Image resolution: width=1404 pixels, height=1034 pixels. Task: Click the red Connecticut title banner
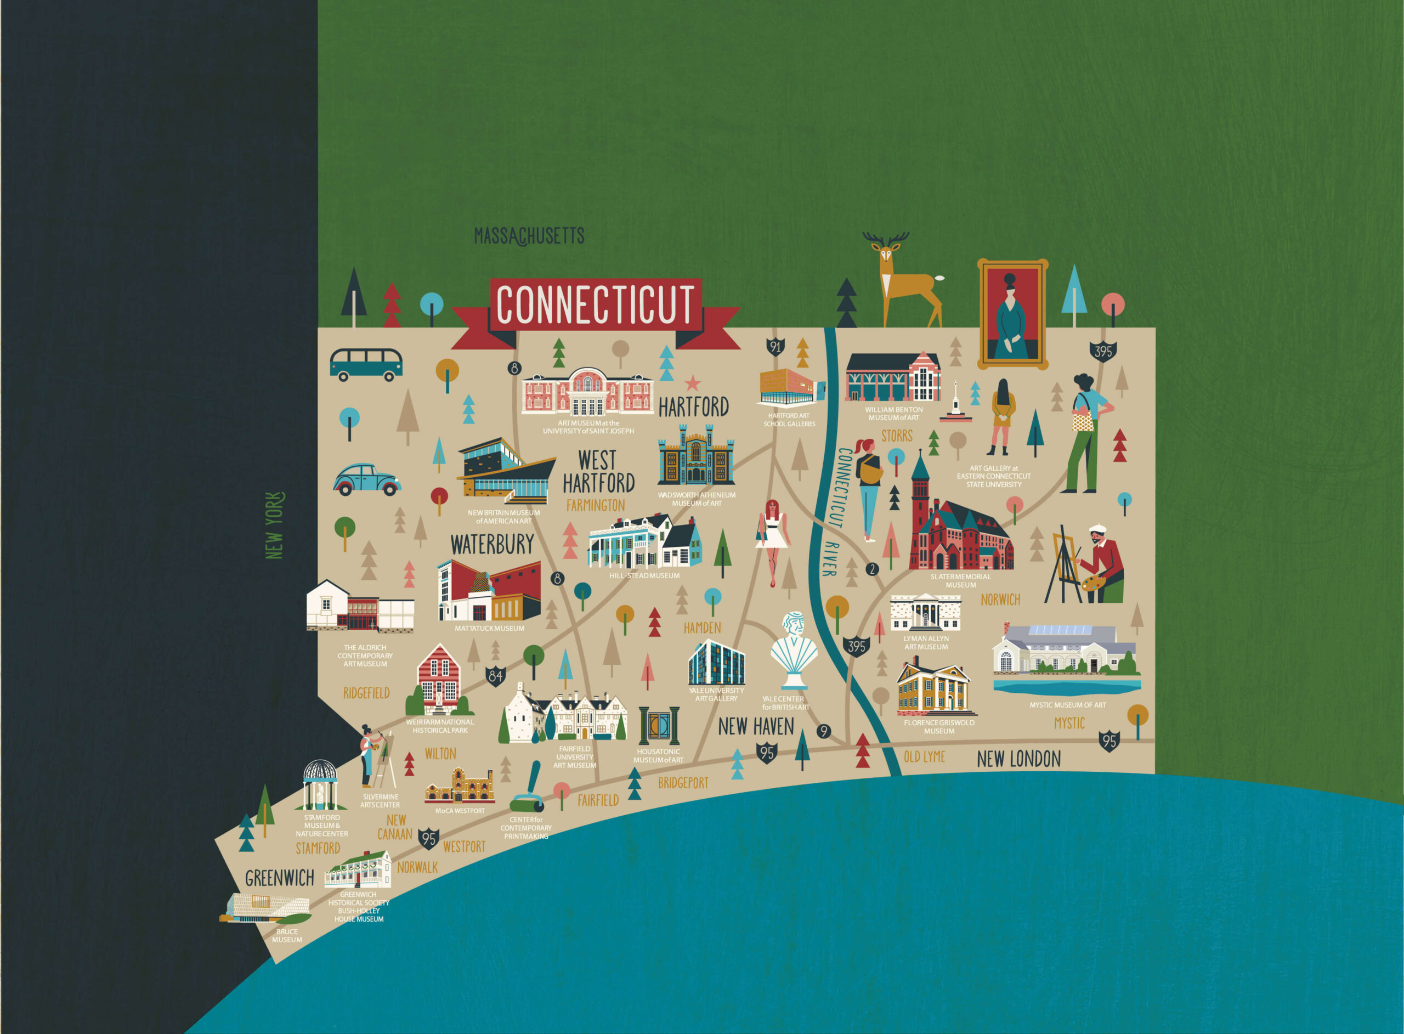point(595,305)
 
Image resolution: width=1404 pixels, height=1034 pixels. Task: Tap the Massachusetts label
point(529,236)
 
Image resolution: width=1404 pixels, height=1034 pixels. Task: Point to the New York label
point(274,526)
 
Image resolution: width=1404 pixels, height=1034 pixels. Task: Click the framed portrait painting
point(1012,314)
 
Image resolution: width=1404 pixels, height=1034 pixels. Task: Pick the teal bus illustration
point(366,364)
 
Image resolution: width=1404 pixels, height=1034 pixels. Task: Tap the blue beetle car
point(367,480)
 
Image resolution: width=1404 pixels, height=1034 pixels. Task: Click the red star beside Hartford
point(692,382)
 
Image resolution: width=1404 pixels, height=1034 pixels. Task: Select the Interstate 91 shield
point(775,346)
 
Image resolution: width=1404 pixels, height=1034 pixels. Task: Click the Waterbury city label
point(492,545)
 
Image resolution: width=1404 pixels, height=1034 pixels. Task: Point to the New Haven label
point(756,727)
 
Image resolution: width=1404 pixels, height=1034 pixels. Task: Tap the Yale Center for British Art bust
point(794,651)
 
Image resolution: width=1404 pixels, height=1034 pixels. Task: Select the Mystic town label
point(1069,724)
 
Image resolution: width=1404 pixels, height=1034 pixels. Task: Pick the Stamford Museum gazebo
point(320,785)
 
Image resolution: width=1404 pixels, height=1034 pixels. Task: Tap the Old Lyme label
point(924,757)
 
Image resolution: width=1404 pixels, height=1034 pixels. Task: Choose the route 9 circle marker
point(823,731)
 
